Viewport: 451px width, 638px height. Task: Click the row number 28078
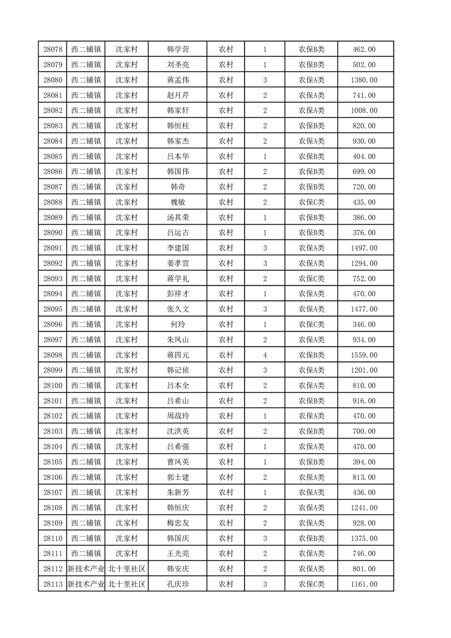(x=52, y=49)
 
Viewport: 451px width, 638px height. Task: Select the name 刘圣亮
(x=177, y=65)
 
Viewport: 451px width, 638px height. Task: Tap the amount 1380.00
(x=365, y=80)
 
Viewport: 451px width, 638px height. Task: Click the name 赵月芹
(x=177, y=96)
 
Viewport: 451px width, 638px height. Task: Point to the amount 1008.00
(x=365, y=110)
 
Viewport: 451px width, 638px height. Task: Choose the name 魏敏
(x=177, y=202)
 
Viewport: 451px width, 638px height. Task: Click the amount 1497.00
(x=365, y=248)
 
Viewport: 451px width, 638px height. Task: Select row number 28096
(x=52, y=324)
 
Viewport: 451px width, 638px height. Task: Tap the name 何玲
(x=177, y=324)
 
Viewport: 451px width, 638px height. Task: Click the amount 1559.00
(x=365, y=355)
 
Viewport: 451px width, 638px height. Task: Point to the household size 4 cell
(x=265, y=355)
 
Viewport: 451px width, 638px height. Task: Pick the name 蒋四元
(x=177, y=355)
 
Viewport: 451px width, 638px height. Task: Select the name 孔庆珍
(x=177, y=583)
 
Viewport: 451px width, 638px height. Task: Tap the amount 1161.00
(x=365, y=583)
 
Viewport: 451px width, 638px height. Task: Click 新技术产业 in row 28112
(x=86, y=568)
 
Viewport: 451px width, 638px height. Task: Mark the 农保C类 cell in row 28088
(x=311, y=202)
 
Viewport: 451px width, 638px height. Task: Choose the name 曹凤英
(x=177, y=462)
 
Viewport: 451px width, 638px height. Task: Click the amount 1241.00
(x=365, y=507)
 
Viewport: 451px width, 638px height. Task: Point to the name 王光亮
(x=177, y=553)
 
